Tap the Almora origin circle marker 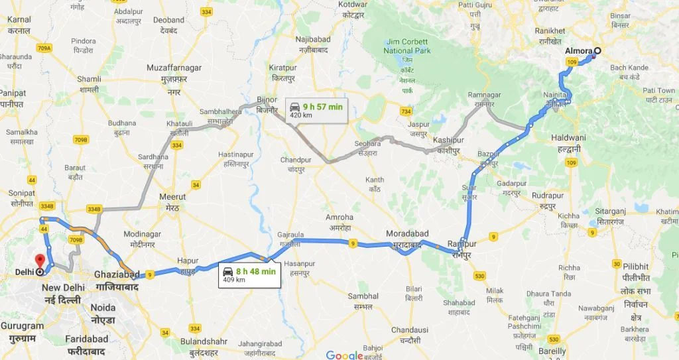[x=597, y=52]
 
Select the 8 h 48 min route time [x=255, y=270]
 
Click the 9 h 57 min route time [x=322, y=106]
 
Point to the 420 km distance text [x=300, y=115]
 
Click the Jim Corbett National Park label [x=407, y=46]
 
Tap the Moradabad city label [x=408, y=234]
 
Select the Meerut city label [x=173, y=197]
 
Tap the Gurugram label [x=23, y=326]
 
